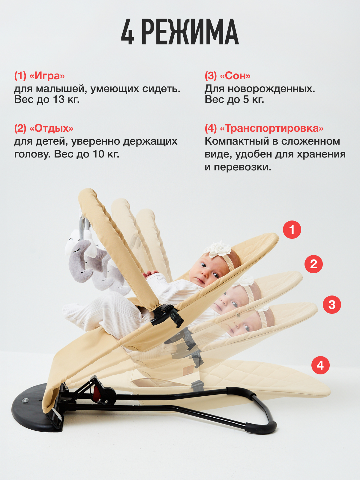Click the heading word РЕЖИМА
click(x=190, y=32)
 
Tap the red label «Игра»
click(x=46, y=76)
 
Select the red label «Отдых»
click(x=51, y=128)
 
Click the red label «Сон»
click(x=235, y=76)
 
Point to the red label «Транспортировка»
click(x=271, y=128)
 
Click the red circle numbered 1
click(x=292, y=230)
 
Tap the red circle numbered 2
click(x=313, y=264)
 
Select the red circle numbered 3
click(x=331, y=304)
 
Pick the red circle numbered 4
click(x=320, y=365)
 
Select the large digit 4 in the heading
click(x=127, y=32)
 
